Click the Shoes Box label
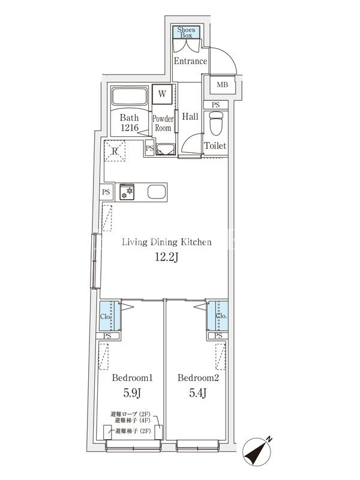click(x=186, y=32)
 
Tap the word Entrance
click(x=190, y=61)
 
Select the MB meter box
click(x=223, y=85)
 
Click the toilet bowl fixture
click(x=216, y=123)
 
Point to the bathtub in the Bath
click(x=129, y=96)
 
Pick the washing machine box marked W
click(x=162, y=94)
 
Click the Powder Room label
click(x=163, y=123)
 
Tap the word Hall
click(x=190, y=116)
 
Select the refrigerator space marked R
click(x=115, y=151)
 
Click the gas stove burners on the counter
click(x=127, y=192)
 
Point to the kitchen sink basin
click(x=157, y=192)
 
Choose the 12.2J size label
click(x=167, y=257)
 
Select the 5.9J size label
click(x=132, y=393)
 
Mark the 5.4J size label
click(x=198, y=393)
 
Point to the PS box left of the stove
click(x=106, y=192)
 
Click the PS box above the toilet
click(x=216, y=104)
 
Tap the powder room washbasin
click(x=165, y=150)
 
